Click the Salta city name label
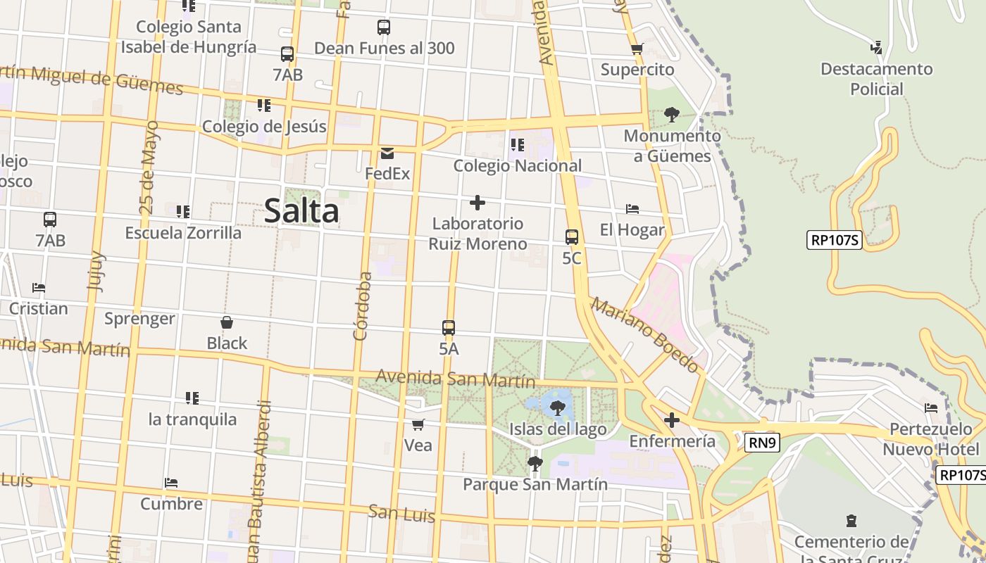pos(301,211)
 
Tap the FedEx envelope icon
pos(387,153)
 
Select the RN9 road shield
pos(762,443)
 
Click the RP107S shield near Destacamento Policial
pos(835,240)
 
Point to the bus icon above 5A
pos(449,328)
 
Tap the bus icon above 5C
pos(572,237)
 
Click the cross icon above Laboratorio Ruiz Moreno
pos(478,203)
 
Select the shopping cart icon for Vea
pos(418,424)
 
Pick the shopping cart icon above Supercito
pos(637,49)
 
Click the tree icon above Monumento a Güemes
pos(672,114)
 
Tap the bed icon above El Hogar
pos(632,209)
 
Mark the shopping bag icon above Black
pos(227,323)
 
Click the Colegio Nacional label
pos(518,166)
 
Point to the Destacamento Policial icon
pos(876,48)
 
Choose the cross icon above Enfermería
pos(672,420)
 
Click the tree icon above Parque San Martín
pos(535,463)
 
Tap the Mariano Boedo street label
pos(645,334)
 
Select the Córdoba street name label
pos(363,306)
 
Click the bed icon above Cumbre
pos(171,483)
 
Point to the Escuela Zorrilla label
pos(183,233)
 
